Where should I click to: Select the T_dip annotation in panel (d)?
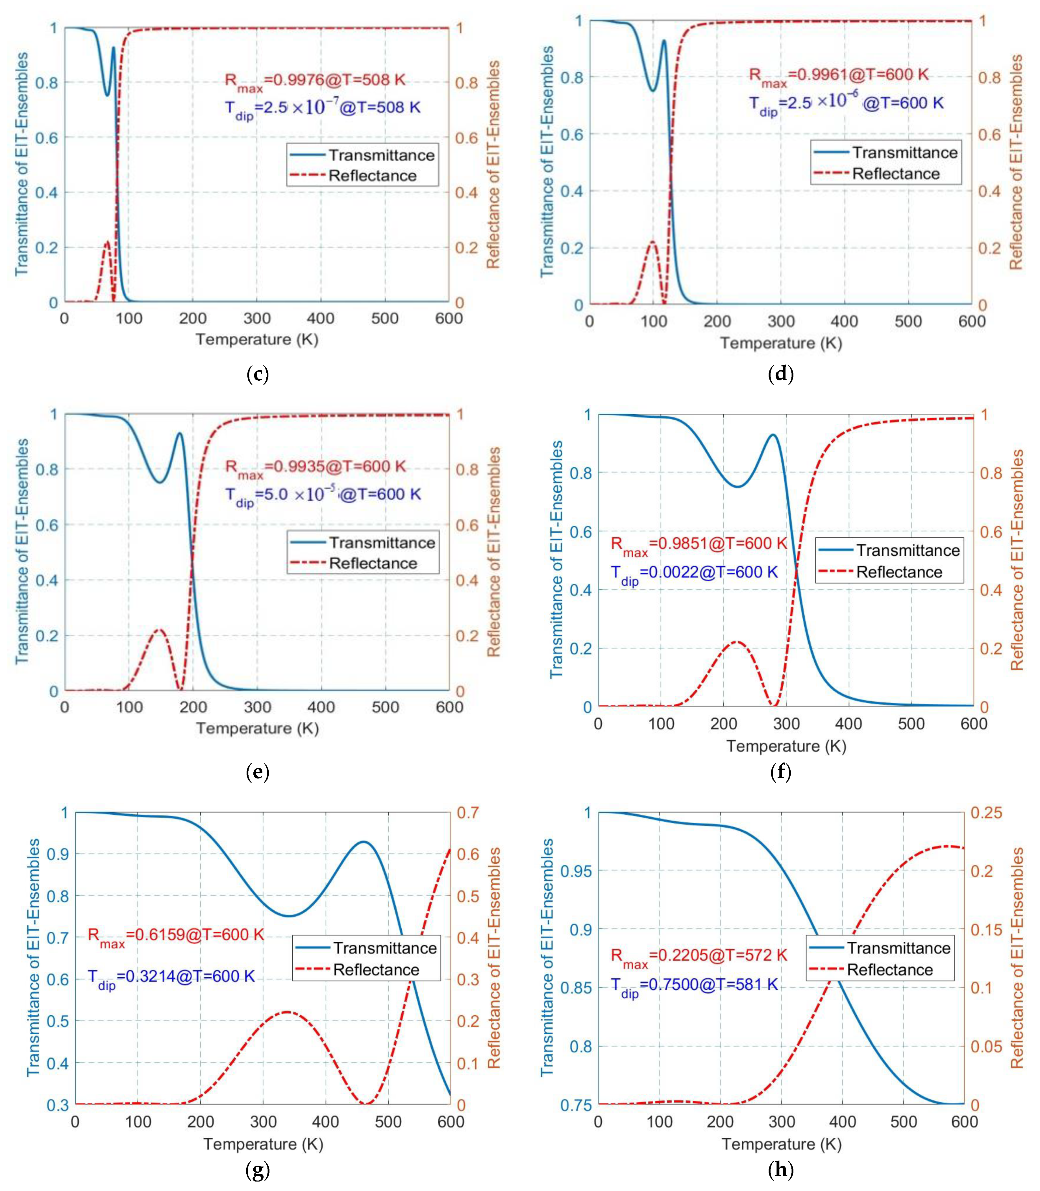point(846,104)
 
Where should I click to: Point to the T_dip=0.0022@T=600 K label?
point(693,573)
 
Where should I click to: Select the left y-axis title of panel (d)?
point(547,162)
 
